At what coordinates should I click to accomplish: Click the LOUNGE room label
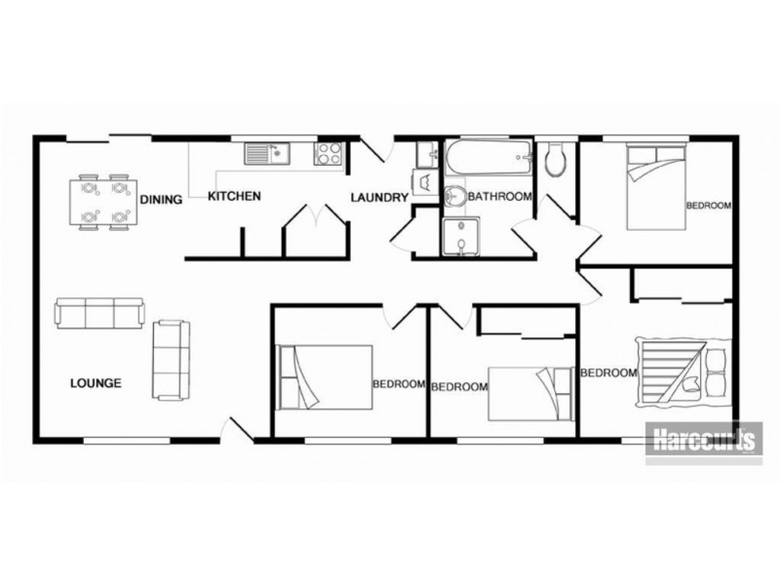click(96, 383)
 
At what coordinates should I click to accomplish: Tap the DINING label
click(161, 200)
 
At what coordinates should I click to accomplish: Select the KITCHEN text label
click(234, 196)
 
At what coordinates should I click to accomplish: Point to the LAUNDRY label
click(379, 198)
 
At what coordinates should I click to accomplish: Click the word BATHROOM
click(499, 197)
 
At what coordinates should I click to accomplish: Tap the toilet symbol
click(554, 160)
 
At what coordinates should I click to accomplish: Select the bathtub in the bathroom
click(488, 157)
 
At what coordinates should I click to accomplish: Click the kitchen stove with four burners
click(328, 153)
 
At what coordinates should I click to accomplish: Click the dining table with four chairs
click(103, 203)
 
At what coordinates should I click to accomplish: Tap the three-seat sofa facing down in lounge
click(100, 313)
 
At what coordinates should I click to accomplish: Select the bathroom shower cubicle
click(461, 236)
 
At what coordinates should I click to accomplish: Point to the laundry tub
click(427, 154)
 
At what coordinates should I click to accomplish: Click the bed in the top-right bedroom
click(656, 187)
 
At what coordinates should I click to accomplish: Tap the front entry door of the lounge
click(237, 429)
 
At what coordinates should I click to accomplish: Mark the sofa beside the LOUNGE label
click(171, 360)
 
